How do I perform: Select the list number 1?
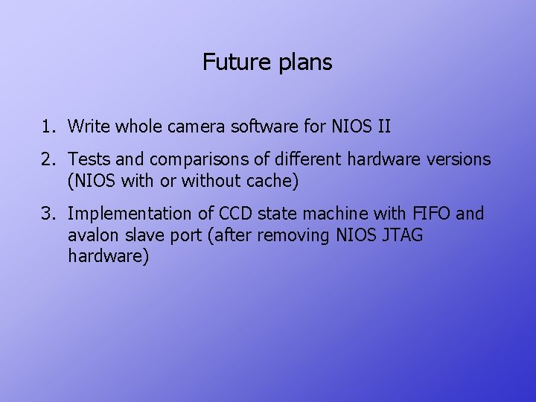tap(48, 127)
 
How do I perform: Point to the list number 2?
tap(48, 159)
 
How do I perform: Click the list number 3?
tap(48, 214)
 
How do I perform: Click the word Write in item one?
tap(89, 127)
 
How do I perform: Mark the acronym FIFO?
tap(431, 214)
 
